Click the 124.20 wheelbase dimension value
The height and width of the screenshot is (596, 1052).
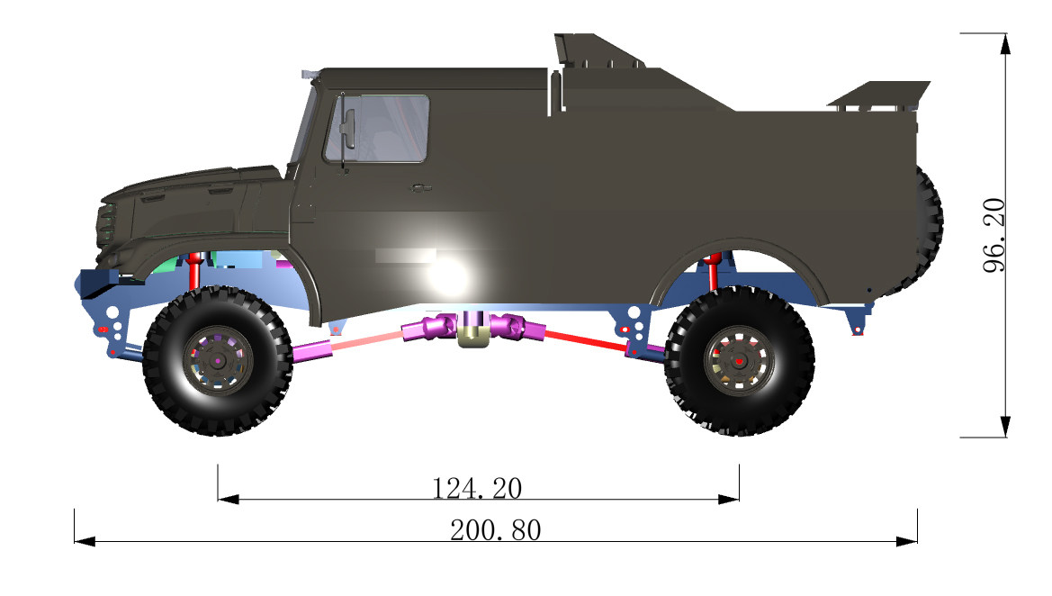[x=477, y=488]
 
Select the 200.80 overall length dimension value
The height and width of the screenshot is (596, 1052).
[x=496, y=530]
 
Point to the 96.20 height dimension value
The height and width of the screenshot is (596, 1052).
[x=994, y=235]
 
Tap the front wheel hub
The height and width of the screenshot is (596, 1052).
[x=219, y=360]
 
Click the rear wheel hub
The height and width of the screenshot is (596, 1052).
[x=739, y=361]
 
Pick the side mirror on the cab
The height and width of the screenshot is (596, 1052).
[x=346, y=129]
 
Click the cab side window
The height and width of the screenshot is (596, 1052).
[x=376, y=128]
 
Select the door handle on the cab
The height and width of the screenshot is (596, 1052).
[x=420, y=188]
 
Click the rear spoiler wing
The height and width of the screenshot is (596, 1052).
[x=880, y=95]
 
